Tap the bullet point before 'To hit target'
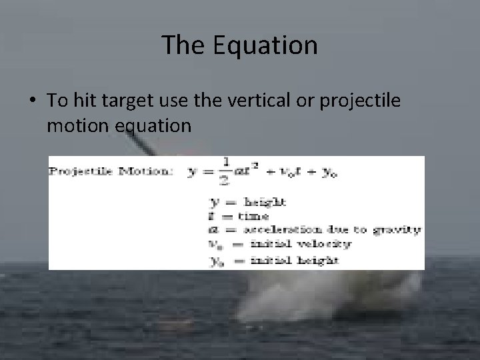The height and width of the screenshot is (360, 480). click(x=32, y=100)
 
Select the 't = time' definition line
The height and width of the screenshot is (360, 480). click(x=239, y=215)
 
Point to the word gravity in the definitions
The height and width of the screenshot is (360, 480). click(x=401, y=230)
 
